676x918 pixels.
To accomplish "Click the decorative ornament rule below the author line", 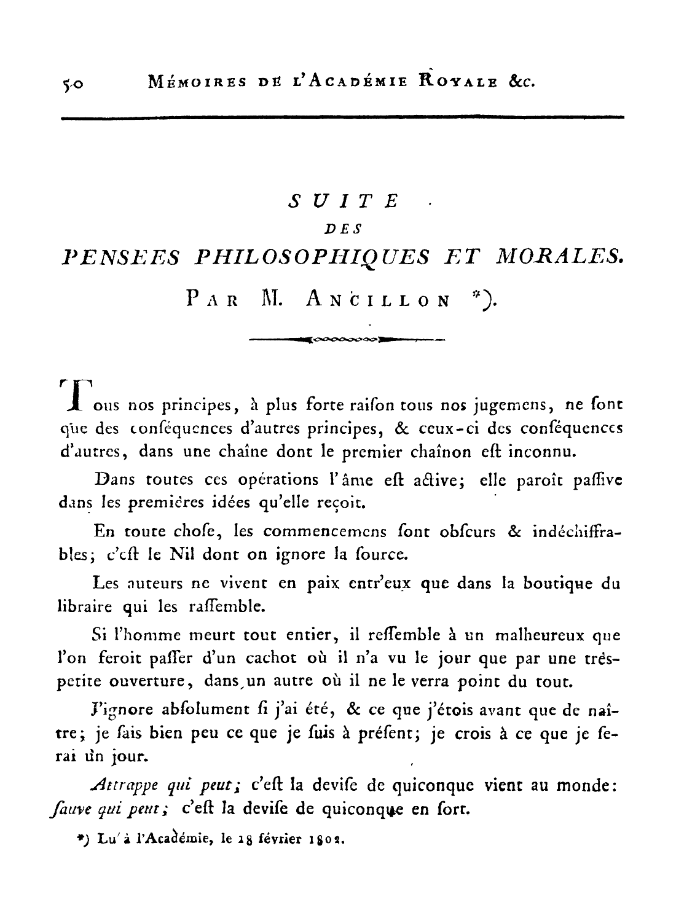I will [347, 338].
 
